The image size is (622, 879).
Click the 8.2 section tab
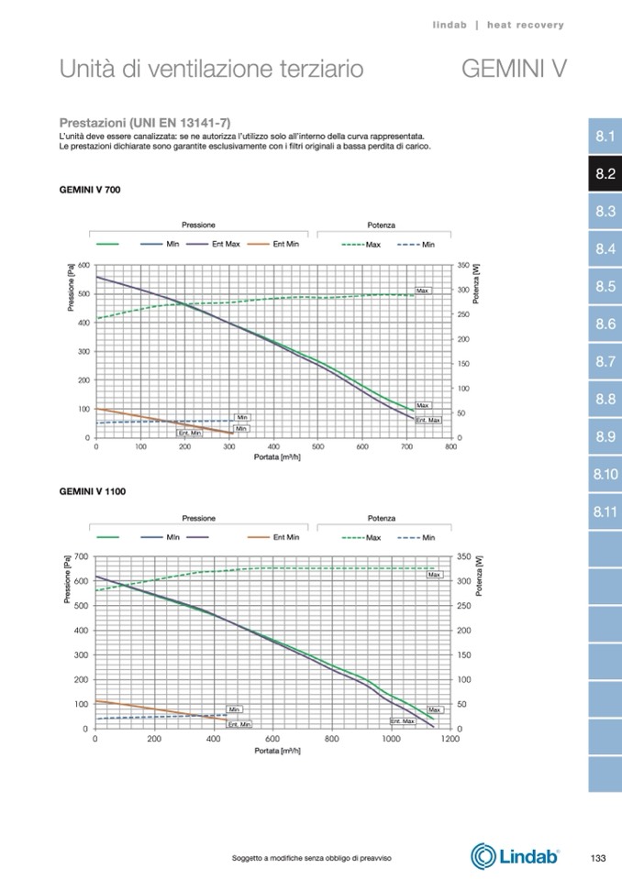coord(604,173)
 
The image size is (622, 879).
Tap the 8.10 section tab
coord(604,474)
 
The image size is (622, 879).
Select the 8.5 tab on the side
coord(604,286)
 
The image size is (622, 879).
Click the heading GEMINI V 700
coord(90,190)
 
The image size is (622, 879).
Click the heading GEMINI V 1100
coord(92,491)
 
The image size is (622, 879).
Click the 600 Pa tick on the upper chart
coord(84,265)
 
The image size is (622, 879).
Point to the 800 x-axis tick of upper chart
coord(450,447)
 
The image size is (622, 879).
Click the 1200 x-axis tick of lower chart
coord(450,738)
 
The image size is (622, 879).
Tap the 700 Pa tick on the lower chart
coord(81,556)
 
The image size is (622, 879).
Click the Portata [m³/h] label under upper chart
coord(276,456)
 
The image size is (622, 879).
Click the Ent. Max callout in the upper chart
coord(428,420)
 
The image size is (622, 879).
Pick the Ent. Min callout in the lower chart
coord(239,724)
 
